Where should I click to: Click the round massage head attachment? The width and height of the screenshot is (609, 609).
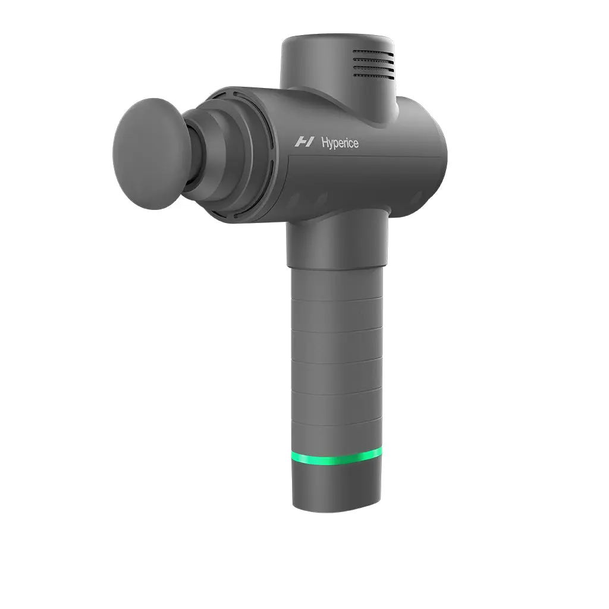[x=147, y=154]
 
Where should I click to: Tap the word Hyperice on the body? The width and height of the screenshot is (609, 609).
[x=340, y=143]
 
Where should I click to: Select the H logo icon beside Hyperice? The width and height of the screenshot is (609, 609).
[x=304, y=142]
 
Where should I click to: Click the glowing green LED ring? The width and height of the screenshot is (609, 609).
[x=337, y=456]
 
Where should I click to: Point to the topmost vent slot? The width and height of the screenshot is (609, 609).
[x=373, y=52]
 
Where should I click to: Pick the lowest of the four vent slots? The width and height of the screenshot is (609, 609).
[x=374, y=76]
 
